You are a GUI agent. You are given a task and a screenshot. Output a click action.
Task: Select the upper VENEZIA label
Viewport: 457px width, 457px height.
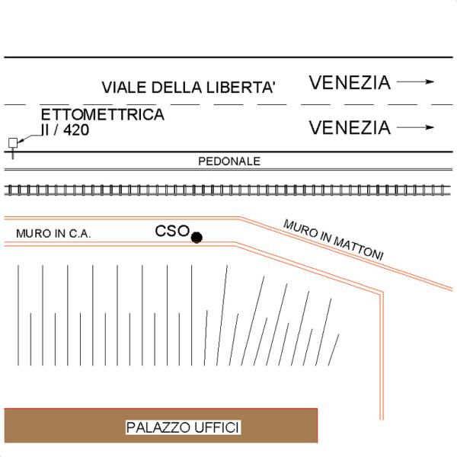click(x=350, y=82)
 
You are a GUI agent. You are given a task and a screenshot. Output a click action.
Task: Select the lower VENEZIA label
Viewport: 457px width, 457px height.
click(x=350, y=127)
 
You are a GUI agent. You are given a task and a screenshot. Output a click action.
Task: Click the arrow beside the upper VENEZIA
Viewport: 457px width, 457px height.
click(x=416, y=81)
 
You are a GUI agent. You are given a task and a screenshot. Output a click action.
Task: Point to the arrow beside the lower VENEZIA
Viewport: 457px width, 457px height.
click(x=416, y=127)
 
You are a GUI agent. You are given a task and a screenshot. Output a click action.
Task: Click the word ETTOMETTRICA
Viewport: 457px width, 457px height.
click(x=103, y=115)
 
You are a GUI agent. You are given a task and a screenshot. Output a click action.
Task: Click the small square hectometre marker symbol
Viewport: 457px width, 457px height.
click(x=12, y=142)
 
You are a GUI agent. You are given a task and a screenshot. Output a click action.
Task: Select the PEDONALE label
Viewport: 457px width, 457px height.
click(x=229, y=161)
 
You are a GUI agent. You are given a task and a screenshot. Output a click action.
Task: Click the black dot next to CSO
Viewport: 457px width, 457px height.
click(x=197, y=238)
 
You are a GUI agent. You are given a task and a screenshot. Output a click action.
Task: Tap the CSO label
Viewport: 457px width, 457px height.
click(x=171, y=231)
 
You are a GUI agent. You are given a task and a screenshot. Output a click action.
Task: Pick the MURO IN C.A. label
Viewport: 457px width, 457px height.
click(x=53, y=234)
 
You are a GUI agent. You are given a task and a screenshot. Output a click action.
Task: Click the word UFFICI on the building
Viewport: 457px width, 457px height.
click(x=216, y=428)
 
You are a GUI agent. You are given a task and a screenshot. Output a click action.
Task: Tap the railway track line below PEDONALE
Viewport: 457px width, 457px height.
click(x=228, y=188)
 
